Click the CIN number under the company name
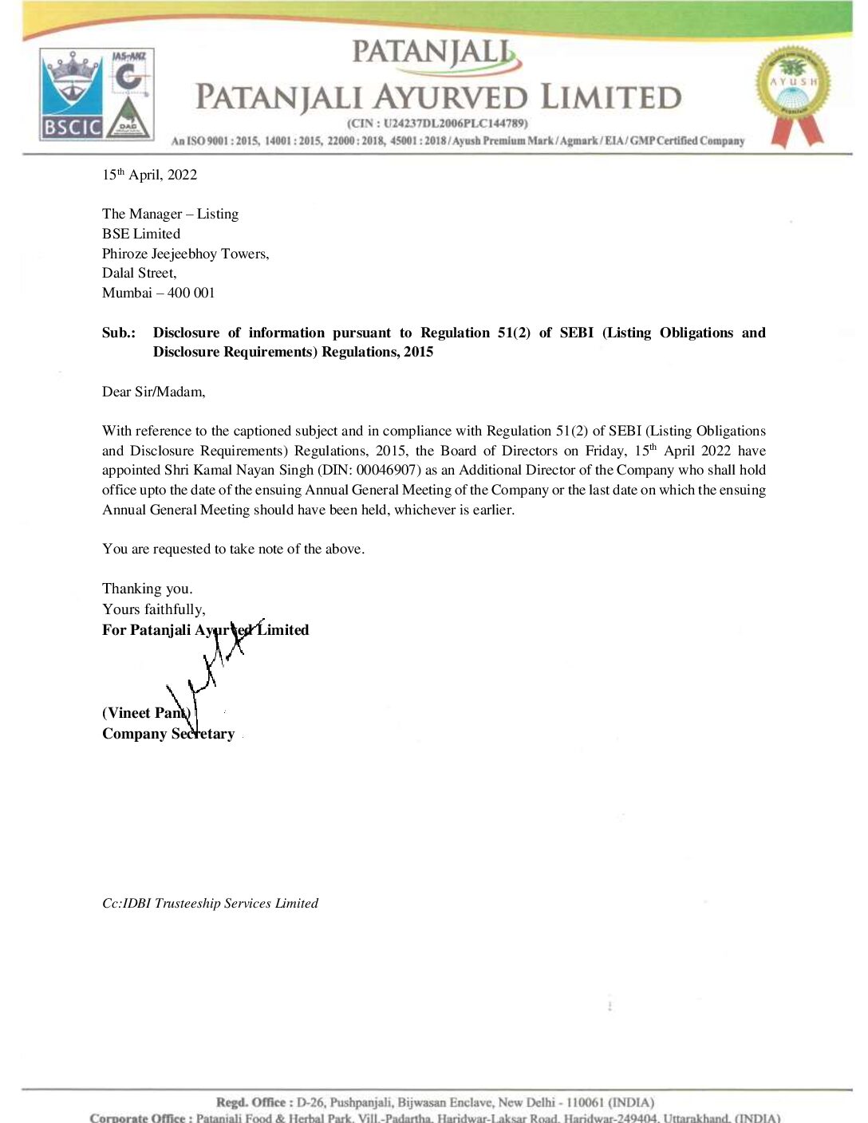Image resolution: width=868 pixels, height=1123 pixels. (x=437, y=124)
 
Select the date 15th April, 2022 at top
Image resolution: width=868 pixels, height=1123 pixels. (x=149, y=175)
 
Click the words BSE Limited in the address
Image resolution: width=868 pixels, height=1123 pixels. (x=141, y=234)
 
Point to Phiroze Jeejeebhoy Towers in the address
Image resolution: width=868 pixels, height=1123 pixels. (x=185, y=254)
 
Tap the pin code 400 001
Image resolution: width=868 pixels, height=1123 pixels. (x=191, y=293)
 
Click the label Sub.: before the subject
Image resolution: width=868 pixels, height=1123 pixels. (x=118, y=333)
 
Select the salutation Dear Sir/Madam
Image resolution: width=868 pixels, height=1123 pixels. (x=153, y=392)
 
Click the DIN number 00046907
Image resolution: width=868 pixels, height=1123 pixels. (x=386, y=470)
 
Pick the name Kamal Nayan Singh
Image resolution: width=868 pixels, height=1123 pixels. (x=254, y=470)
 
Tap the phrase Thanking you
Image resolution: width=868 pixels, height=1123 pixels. (x=147, y=589)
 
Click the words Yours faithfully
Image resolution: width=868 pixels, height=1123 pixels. (x=153, y=609)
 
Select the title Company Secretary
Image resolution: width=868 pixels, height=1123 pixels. (x=168, y=734)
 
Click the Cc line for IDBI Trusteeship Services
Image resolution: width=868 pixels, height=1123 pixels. (x=210, y=903)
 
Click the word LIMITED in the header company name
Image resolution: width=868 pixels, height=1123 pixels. (x=611, y=97)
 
